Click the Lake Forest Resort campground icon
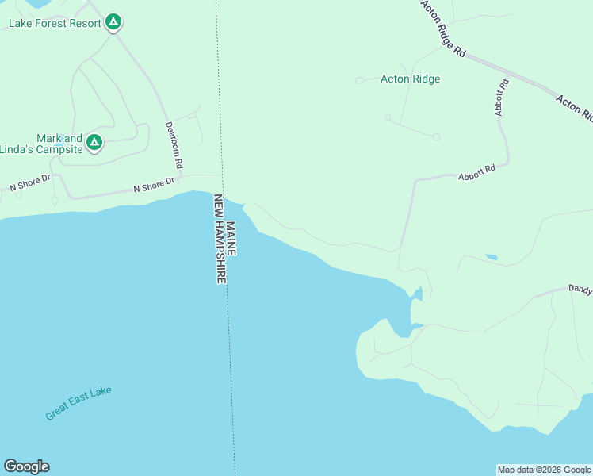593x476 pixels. click(113, 22)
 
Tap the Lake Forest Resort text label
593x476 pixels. click(55, 23)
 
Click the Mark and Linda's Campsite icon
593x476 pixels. click(94, 143)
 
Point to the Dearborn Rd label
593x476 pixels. click(174, 144)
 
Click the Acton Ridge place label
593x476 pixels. click(410, 79)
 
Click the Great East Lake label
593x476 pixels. click(78, 403)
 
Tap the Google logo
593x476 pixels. click(26, 466)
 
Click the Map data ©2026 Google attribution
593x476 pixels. click(544, 470)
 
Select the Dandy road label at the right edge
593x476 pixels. click(580, 290)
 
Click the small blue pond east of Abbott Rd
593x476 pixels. click(492, 257)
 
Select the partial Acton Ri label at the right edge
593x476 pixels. click(575, 107)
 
